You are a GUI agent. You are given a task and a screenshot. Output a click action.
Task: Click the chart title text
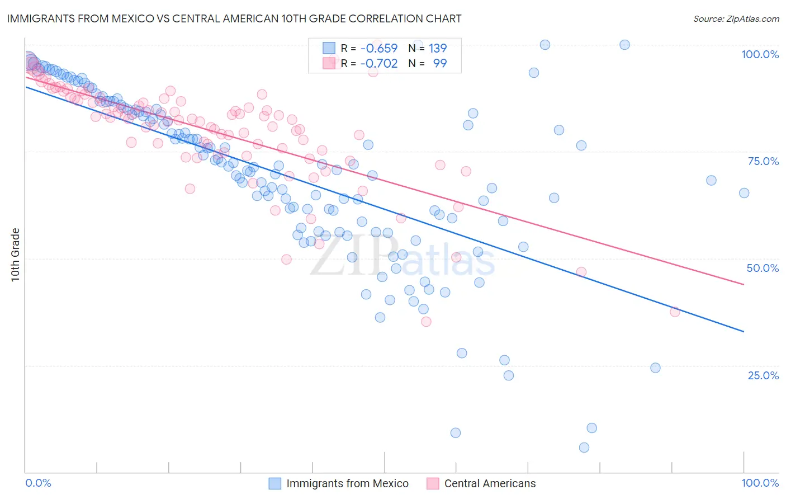click(x=234, y=18)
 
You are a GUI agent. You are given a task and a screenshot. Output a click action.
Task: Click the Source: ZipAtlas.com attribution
click(x=736, y=18)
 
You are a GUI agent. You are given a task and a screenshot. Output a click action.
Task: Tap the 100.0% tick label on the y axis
click(x=760, y=54)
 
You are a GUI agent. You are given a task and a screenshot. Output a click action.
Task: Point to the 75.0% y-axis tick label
click(x=763, y=161)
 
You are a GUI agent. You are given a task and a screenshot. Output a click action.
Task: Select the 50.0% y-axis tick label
click(x=763, y=268)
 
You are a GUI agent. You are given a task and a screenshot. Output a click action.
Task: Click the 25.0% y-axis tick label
click(x=763, y=375)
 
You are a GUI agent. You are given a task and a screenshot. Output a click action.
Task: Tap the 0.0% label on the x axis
click(x=38, y=483)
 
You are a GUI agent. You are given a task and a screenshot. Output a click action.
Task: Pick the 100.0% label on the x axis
click(x=760, y=483)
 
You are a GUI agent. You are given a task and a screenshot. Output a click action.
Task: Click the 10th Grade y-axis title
click(x=15, y=255)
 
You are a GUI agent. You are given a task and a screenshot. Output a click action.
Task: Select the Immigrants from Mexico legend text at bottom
click(x=347, y=483)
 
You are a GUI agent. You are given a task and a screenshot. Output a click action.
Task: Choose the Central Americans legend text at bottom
click(x=490, y=483)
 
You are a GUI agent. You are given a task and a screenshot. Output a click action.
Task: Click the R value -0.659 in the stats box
click(x=379, y=48)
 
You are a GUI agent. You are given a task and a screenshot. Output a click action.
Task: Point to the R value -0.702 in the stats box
click(x=379, y=63)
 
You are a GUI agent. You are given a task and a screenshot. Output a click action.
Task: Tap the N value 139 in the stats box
click(x=438, y=48)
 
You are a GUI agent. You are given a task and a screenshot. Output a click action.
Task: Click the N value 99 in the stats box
click(x=440, y=63)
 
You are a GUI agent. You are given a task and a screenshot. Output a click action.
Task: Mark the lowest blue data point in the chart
click(x=584, y=448)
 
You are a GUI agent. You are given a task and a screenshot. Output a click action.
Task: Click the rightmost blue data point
click(x=744, y=193)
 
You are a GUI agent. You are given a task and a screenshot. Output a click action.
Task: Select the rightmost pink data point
click(x=675, y=312)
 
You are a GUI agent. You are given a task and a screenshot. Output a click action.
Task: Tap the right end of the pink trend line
click(x=744, y=285)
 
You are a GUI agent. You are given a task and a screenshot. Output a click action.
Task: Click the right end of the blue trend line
click(x=744, y=332)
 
